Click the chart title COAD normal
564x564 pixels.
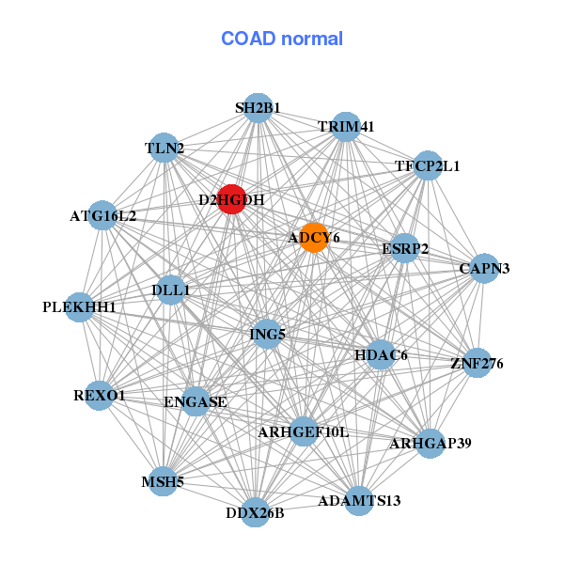282,39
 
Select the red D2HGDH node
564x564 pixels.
231,198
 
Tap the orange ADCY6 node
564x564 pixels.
313,238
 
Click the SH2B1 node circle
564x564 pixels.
258,108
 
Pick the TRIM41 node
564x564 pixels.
346,127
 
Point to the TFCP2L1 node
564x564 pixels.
428,165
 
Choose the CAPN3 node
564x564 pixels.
484,269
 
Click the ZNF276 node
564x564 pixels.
477,362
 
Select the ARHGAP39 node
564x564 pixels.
430,443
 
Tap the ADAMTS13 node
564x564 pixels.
359,499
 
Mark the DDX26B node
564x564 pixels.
255,511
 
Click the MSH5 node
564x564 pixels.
164,481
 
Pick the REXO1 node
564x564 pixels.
100,396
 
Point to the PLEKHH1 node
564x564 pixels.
80,306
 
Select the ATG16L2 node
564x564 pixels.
102,216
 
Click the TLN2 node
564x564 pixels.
164,148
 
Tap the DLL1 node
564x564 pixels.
170,290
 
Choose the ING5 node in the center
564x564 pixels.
267,334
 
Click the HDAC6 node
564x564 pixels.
381,354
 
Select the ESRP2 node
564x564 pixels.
404,249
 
